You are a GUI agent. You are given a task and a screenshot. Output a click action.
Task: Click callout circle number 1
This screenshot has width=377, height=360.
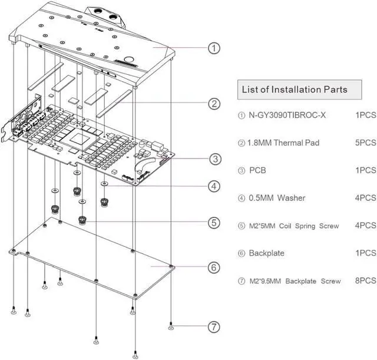click(214, 48)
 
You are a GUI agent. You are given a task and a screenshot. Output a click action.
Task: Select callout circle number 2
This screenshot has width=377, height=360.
click(214, 104)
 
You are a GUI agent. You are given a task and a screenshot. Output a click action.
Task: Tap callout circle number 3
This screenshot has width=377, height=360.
click(215, 159)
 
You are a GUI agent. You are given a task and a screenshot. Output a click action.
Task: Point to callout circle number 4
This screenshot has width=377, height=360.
click(214, 186)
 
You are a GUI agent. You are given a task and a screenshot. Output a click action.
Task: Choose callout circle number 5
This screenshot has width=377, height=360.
click(214, 223)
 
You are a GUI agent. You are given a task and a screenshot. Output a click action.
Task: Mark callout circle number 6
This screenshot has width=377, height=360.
click(214, 267)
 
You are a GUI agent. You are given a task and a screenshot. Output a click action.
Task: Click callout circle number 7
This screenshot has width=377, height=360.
click(214, 327)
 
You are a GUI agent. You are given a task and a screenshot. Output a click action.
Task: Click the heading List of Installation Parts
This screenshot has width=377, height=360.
click(295, 90)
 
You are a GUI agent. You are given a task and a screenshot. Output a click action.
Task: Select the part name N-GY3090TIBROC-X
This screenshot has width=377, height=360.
click(287, 115)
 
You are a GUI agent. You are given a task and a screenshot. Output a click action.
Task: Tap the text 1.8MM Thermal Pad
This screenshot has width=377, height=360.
click(283, 143)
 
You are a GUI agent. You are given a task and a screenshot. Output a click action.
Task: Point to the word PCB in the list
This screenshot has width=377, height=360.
click(257, 170)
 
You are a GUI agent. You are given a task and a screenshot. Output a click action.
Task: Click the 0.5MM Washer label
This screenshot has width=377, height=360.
click(277, 198)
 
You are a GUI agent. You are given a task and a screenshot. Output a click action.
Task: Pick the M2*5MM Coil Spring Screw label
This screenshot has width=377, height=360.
click(294, 226)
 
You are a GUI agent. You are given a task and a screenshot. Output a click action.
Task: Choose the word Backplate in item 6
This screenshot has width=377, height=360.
click(267, 253)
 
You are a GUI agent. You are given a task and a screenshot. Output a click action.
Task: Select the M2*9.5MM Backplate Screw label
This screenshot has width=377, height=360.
click(295, 281)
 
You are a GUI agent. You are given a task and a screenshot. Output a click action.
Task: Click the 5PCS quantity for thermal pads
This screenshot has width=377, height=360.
click(366, 143)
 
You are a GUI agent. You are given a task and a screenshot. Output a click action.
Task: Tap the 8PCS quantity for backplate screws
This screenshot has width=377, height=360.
click(366, 280)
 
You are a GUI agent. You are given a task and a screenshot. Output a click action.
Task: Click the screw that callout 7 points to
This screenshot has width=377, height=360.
click(171, 326)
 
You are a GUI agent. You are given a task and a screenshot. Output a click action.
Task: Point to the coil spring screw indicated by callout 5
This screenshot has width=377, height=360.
click(82, 220)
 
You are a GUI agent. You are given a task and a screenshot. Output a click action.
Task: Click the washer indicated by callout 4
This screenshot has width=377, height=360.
click(104, 184)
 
